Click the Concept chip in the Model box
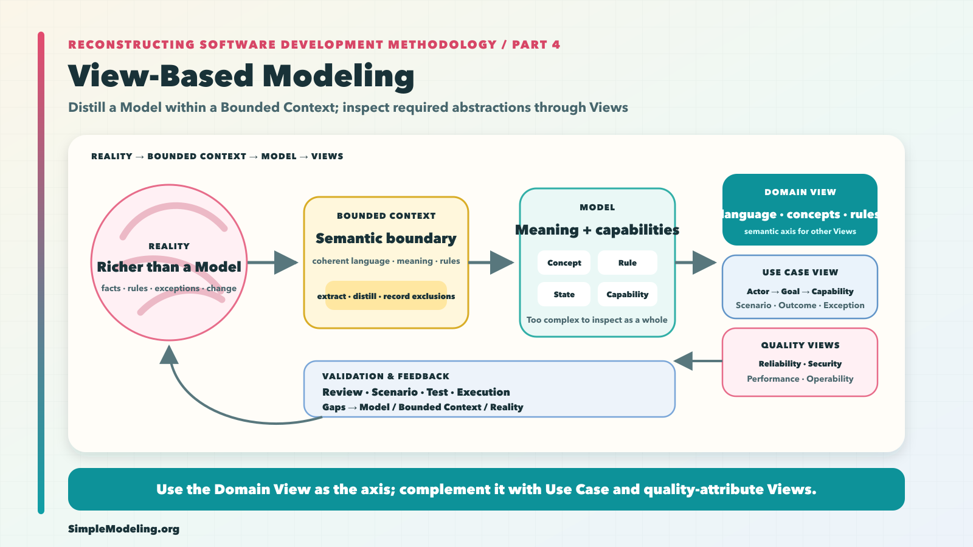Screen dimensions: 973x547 [564, 263]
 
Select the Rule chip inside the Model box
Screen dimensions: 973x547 [627, 263]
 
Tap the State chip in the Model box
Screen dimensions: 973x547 [564, 294]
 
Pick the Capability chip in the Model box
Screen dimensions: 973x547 [627, 294]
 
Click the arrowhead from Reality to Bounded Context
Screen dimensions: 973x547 [286, 263]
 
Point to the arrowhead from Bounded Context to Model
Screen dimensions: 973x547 [502, 263]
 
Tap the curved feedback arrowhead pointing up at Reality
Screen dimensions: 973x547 [169, 355]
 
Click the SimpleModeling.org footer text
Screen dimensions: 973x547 [124, 529]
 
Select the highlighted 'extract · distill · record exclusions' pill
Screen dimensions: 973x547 [386, 295]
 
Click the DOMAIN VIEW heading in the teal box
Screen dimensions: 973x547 [800, 192]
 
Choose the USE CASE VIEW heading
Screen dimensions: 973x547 [800, 272]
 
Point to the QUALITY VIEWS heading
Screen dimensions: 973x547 [800, 345]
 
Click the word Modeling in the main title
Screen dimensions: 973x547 [338, 77]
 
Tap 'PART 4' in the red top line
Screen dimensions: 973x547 [536, 45]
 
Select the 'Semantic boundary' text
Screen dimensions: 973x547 [386, 238]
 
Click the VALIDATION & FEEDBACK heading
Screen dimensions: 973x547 [386, 376]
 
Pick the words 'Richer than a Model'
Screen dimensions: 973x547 [169, 267]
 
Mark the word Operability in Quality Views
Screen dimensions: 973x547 [830, 379]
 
